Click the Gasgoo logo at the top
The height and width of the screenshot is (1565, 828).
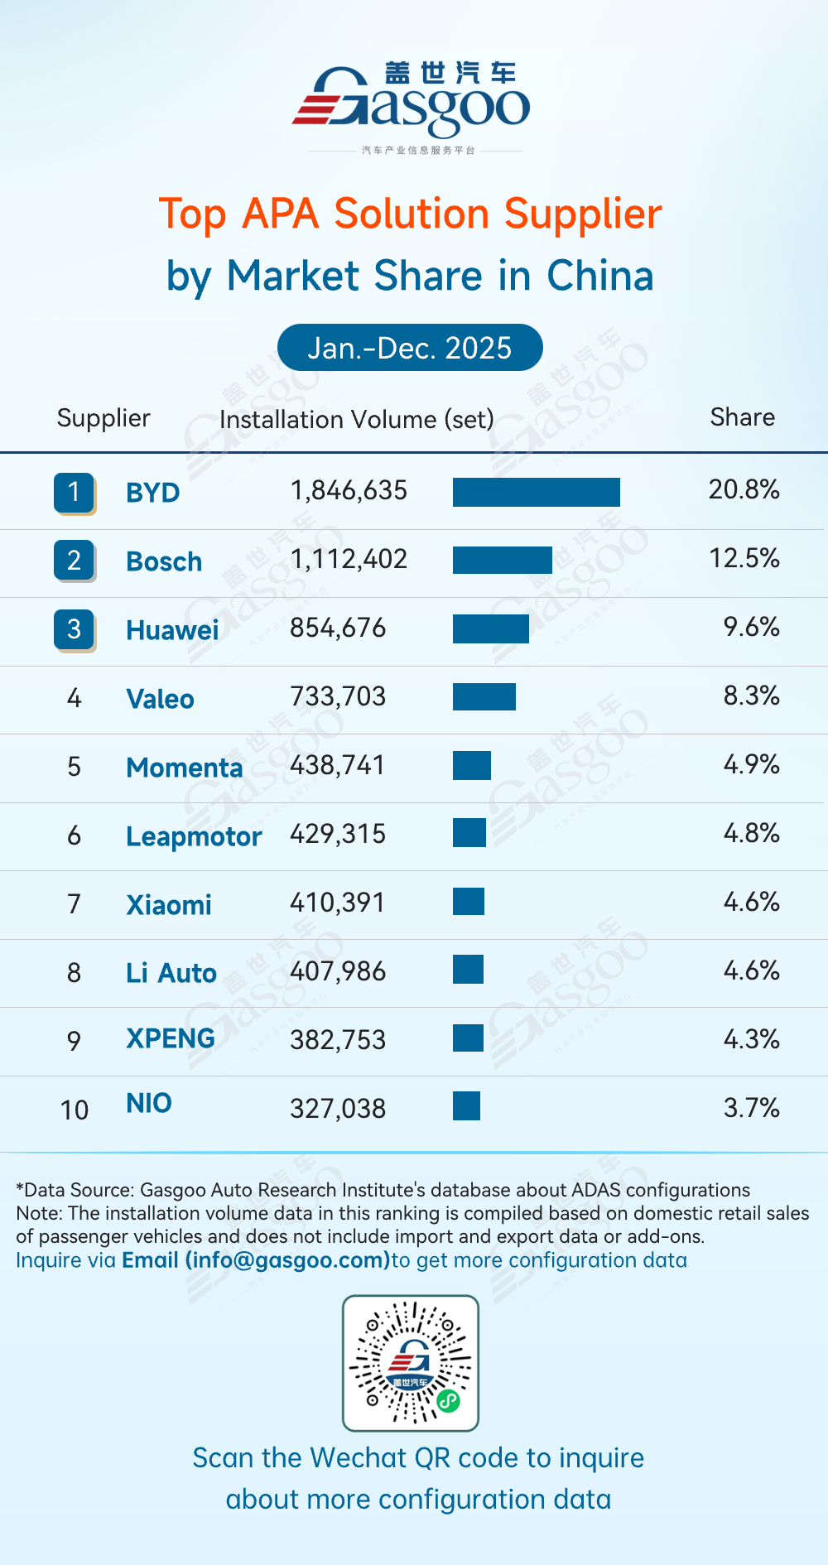pyautogui.click(x=412, y=101)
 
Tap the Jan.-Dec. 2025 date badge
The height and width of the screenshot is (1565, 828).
pyautogui.click(x=410, y=348)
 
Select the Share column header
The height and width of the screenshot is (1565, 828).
pyautogui.click(x=742, y=417)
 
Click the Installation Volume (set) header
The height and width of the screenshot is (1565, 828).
pyautogui.click(x=356, y=419)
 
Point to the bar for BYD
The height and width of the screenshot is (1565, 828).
pyautogui.click(x=536, y=492)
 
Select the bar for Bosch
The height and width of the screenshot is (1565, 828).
pyautogui.click(x=502, y=561)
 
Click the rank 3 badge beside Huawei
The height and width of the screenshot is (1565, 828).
pyautogui.click(x=74, y=629)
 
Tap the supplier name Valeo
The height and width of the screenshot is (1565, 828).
pyautogui.click(x=160, y=699)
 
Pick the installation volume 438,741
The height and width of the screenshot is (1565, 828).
pyautogui.click(x=338, y=765)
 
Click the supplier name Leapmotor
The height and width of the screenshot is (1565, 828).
pyautogui.click(x=194, y=836)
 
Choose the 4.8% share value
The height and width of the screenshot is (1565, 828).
pyautogui.click(x=751, y=833)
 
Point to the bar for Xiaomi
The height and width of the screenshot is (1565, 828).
pyautogui.click(x=468, y=901)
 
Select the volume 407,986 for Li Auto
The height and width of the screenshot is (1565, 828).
pyautogui.click(x=338, y=970)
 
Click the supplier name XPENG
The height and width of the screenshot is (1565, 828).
pyautogui.click(x=171, y=1038)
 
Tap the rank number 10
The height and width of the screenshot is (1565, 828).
pyautogui.click(x=75, y=1110)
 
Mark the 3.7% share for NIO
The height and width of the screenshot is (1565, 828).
pyautogui.click(x=751, y=1108)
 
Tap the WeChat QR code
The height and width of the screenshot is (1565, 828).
pyautogui.click(x=411, y=1363)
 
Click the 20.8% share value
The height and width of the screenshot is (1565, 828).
pyautogui.click(x=744, y=489)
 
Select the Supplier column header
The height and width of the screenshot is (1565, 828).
pyautogui.click(x=103, y=418)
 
